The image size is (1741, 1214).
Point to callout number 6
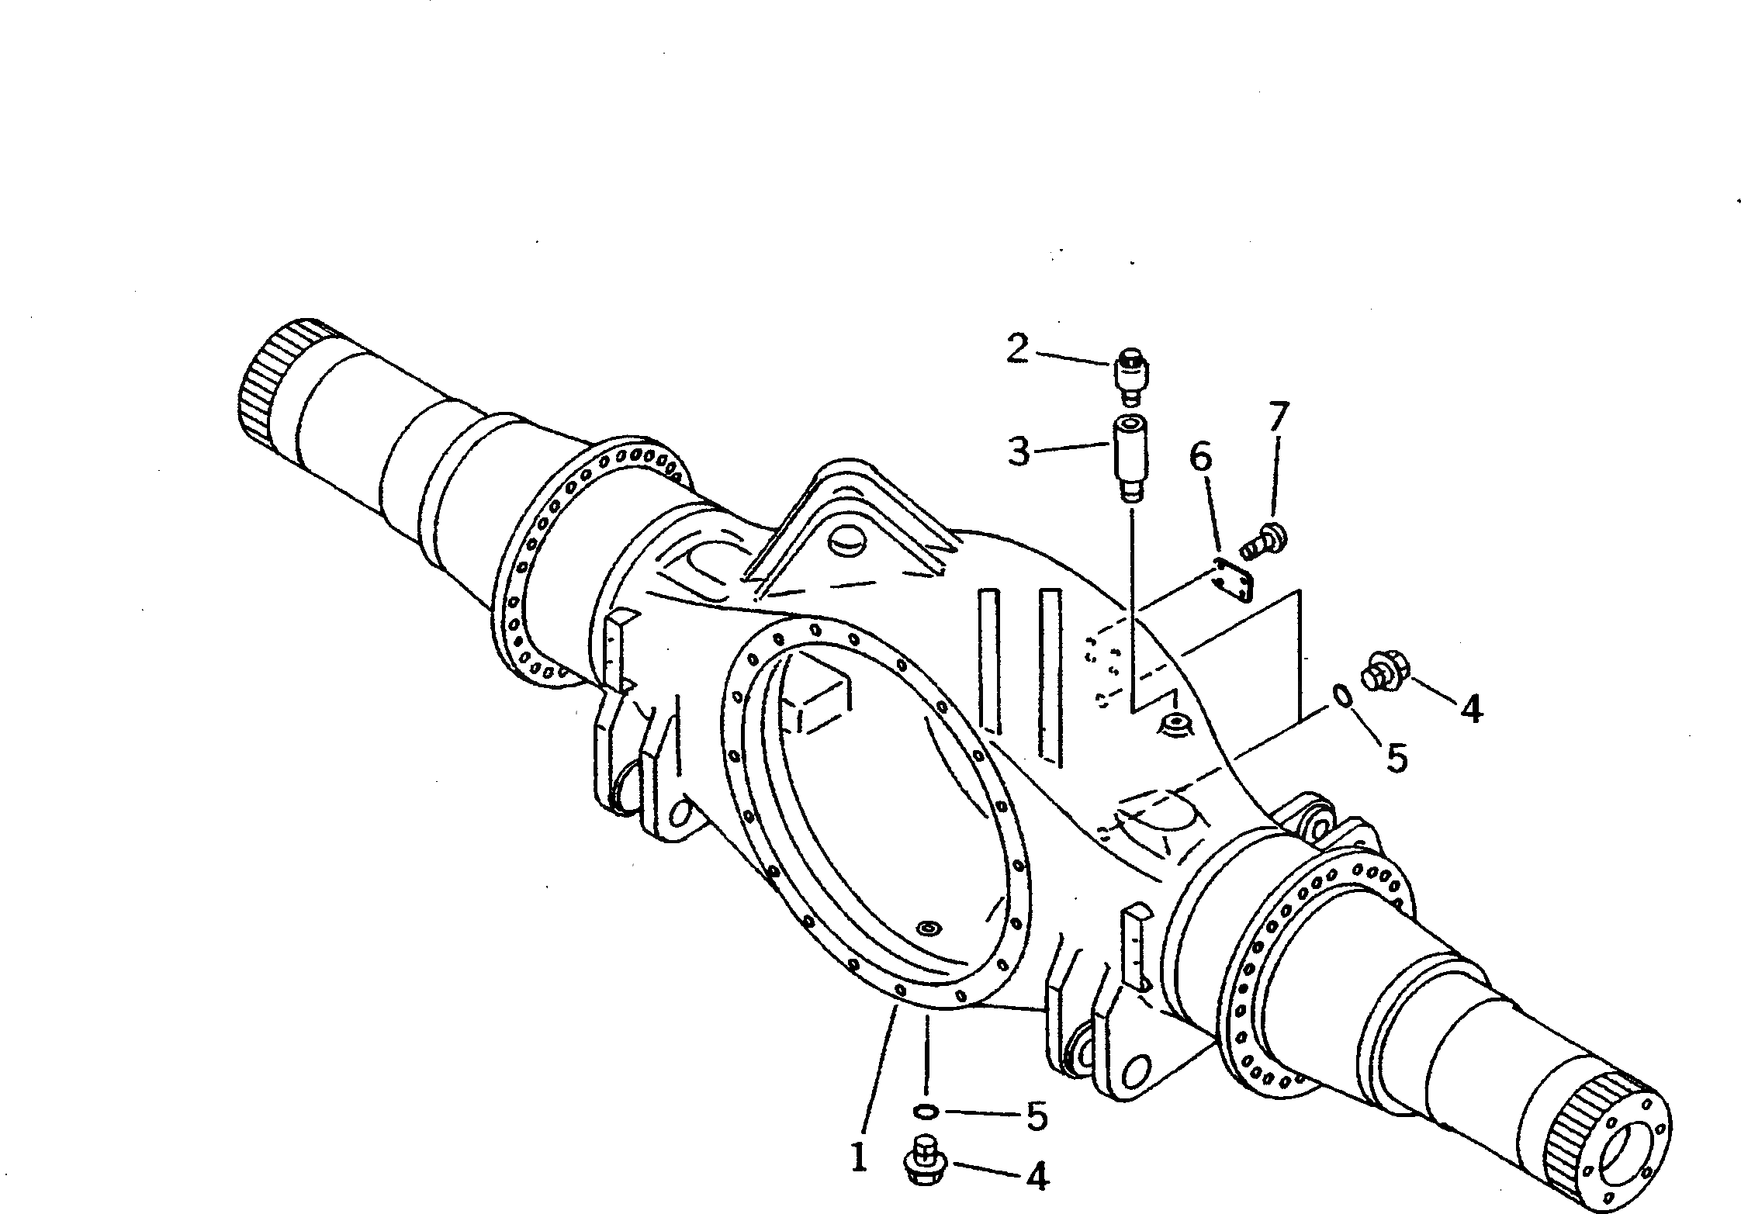(1200, 458)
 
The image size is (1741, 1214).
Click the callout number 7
(1279, 418)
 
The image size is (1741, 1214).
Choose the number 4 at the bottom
(1037, 1178)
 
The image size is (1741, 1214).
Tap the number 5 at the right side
(1397, 758)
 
